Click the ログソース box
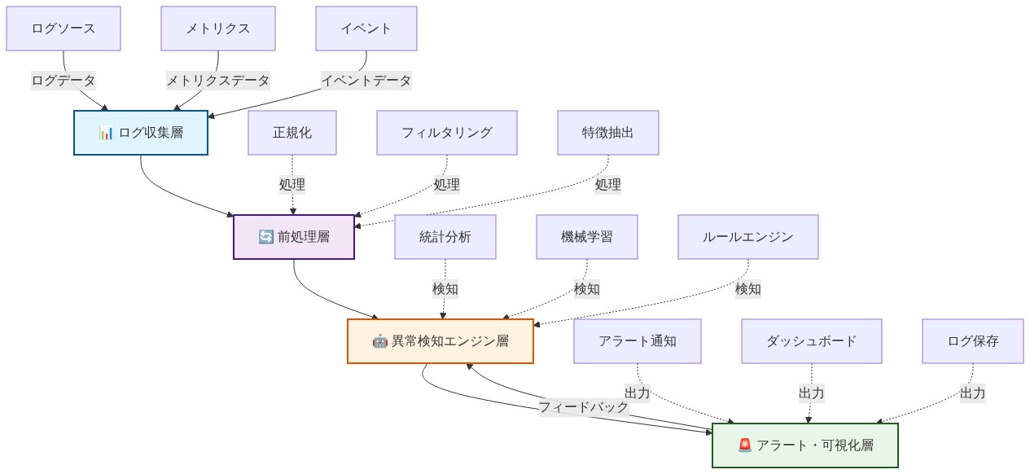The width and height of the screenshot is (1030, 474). pyautogui.click(x=64, y=29)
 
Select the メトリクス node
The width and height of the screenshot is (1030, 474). pyautogui.click(x=217, y=29)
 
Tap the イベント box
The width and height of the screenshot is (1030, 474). pyautogui.click(x=366, y=29)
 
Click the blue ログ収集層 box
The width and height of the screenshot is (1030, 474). pyautogui.click(x=141, y=133)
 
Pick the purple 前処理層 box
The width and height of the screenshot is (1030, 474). pyautogui.click(x=294, y=237)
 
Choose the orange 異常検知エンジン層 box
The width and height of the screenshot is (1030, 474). pyautogui.click(x=440, y=341)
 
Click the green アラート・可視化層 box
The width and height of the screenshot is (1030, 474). pyautogui.click(x=804, y=445)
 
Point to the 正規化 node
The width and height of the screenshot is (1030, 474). pyautogui.click(x=292, y=133)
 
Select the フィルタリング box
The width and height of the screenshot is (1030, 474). pyautogui.click(x=447, y=133)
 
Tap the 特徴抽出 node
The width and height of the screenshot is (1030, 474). pyautogui.click(x=607, y=133)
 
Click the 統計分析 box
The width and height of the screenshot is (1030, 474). pyautogui.click(x=445, y=237)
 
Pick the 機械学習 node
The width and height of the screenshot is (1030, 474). pyautogui.click(x=586, y=237)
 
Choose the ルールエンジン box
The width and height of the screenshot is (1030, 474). pyautogui.click(x=747, y=237)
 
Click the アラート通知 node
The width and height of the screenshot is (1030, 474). pyautogui.click(x=638, y=341)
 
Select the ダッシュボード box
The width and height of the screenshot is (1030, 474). pyautogui.click(x=811, y=341)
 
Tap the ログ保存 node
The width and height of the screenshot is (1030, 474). pyautogui.click(x=972, y=341)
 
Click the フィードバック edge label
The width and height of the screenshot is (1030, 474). pyautogui.click(x=583, y=406)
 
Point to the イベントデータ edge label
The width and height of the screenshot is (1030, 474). pyautogui.click(x=366, y=81)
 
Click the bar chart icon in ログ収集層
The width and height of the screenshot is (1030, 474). pyautogui.click(x=107, y=134)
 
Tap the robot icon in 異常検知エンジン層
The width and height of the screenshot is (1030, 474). pyautogui.click(x=380, y=342)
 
